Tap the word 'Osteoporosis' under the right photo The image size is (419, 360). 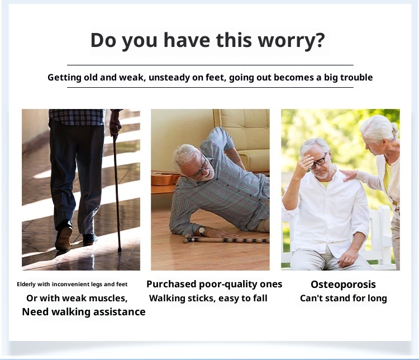[343, 284]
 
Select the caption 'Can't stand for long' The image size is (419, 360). [343, 298]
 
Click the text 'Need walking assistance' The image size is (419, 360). [84, 312]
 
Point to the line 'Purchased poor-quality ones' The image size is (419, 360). [215, 284]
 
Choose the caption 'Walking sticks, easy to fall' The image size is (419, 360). [208, 298]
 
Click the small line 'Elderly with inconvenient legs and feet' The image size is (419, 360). [72, 284]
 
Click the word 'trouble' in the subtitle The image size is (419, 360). [354, 77]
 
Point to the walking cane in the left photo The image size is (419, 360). [117, 190]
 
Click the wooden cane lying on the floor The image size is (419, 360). [226, 240]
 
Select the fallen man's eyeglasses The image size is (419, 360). [202, 167]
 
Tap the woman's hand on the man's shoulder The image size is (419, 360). [350, 175]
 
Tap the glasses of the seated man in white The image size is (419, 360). [319, 162]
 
